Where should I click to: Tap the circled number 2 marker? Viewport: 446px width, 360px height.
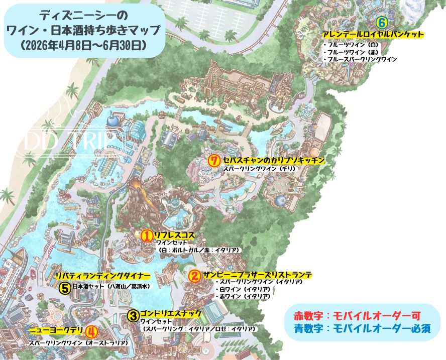pos(195,276)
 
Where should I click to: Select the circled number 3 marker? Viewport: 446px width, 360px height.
pos(133,315)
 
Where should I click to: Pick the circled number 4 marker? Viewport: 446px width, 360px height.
pos(91,331)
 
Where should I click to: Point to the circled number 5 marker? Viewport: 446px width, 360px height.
pos(64,288)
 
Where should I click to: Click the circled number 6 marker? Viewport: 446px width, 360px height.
pos(381,23)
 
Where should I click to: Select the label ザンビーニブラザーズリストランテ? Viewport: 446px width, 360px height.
pos(258,275)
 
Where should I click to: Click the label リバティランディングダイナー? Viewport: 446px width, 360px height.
pos(102,276)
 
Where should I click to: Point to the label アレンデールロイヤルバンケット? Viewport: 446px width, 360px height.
pos(373,35)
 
